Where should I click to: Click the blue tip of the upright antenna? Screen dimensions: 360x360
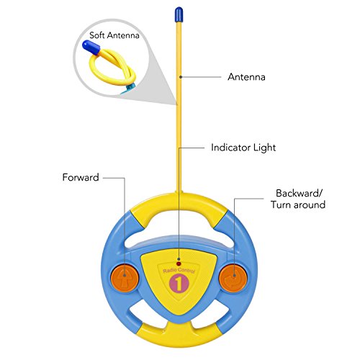(179, 14)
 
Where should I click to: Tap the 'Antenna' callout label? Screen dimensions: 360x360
(246, 77)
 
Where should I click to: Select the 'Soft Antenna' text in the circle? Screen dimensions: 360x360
(114, 35)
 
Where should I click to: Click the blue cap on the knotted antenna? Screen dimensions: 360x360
(91, 48)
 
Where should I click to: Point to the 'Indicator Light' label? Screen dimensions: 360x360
(243, 148)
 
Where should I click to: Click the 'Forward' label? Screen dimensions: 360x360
(81, 177)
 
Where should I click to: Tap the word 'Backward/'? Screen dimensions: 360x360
(300, 193)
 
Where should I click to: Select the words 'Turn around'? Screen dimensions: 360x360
(298, 204)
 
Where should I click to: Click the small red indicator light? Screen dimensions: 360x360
(179, 264)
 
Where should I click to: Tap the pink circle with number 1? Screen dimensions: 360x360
(179, 284)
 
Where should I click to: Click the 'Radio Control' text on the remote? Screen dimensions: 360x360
(179, 271)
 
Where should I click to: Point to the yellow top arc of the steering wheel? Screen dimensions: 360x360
(179, 204)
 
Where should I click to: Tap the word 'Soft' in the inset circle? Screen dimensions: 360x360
(97, 35)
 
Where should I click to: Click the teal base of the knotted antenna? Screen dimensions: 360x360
(128, 89)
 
